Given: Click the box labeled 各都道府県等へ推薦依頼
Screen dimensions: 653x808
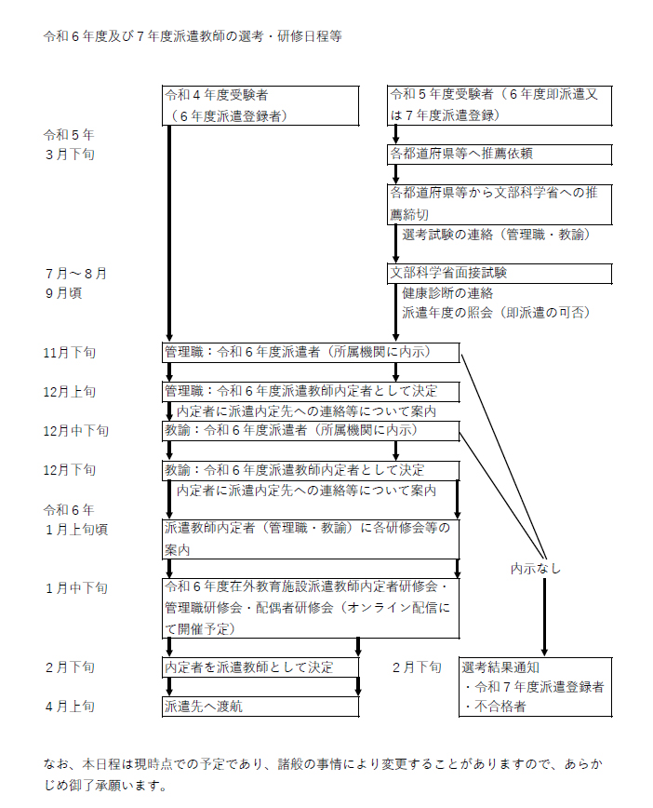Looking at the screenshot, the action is tap(500, 155).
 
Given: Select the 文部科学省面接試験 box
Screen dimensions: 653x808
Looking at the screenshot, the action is tap(500, 273).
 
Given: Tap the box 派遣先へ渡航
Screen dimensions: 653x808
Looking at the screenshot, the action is tap(260, 707).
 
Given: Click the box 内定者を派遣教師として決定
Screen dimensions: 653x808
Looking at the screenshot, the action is tap(260, 667).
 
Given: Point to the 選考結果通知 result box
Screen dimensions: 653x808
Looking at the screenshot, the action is tap(536, 687).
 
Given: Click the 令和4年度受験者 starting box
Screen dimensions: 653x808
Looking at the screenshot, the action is tap(260, 105).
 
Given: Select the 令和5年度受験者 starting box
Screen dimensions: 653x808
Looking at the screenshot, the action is tap(500, 105).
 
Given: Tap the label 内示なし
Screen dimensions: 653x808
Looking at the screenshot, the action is tap(536, 569).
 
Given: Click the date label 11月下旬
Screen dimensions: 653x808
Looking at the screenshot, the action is tap(70, 353).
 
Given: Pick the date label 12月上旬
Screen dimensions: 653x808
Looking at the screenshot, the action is tap(70, 392).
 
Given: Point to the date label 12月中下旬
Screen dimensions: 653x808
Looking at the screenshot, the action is tap(76, 431).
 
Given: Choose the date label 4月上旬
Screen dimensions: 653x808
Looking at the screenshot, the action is tap(70, 707).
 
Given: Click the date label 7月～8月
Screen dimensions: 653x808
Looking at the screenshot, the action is tap(76, 274).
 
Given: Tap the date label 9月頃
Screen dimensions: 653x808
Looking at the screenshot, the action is tap(64, 293).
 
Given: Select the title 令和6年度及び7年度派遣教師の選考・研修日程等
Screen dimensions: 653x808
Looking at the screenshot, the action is tap(193, 36).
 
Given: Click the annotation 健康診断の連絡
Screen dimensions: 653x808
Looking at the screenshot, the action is tap(447, 293).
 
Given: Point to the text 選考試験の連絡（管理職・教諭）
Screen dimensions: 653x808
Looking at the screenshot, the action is tap(496, 235).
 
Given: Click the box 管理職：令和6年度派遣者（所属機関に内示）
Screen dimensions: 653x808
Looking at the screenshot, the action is tap(311, 353).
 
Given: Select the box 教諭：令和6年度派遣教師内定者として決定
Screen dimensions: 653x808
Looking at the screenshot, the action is tap(311, 470).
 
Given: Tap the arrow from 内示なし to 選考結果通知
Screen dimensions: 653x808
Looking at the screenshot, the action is tap(544, 617).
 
